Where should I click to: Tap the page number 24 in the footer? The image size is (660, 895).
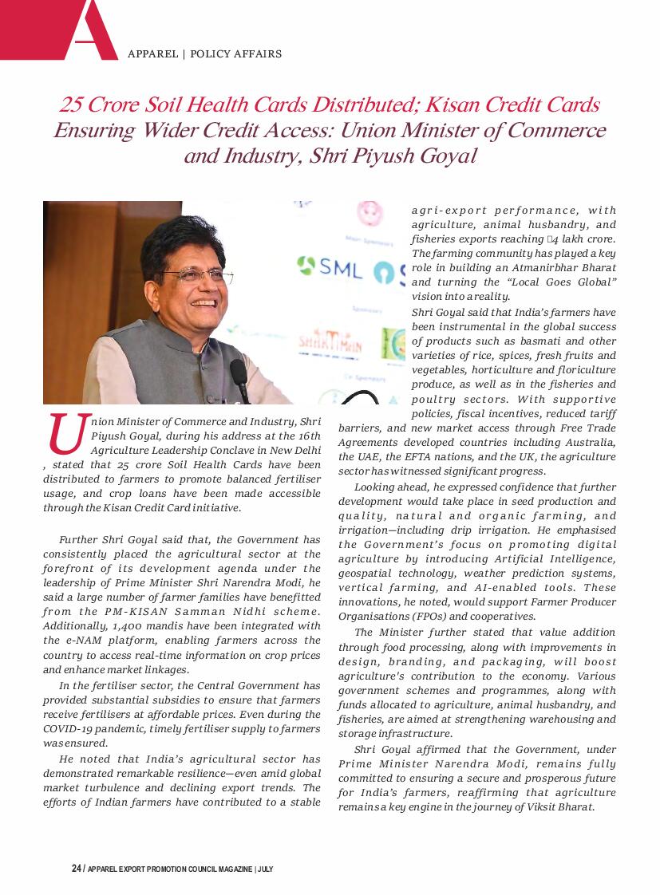point(77,869)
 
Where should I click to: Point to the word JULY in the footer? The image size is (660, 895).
point(266,869)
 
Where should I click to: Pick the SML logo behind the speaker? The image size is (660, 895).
point(330,268)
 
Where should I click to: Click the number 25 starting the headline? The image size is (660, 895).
point(72,104)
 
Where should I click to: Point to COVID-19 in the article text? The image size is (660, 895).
point(74,728)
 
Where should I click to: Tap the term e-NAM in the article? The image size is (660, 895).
point(82,641)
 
